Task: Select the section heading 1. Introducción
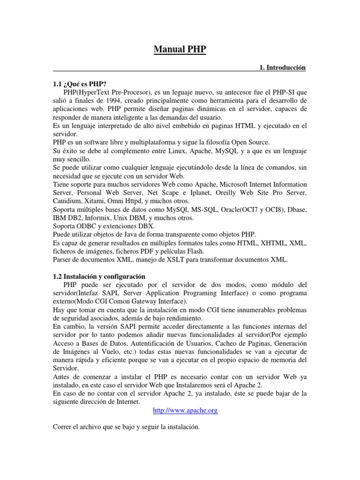coord(282,68)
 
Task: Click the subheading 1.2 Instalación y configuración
coord(99,277)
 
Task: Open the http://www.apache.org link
coord(186,411)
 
